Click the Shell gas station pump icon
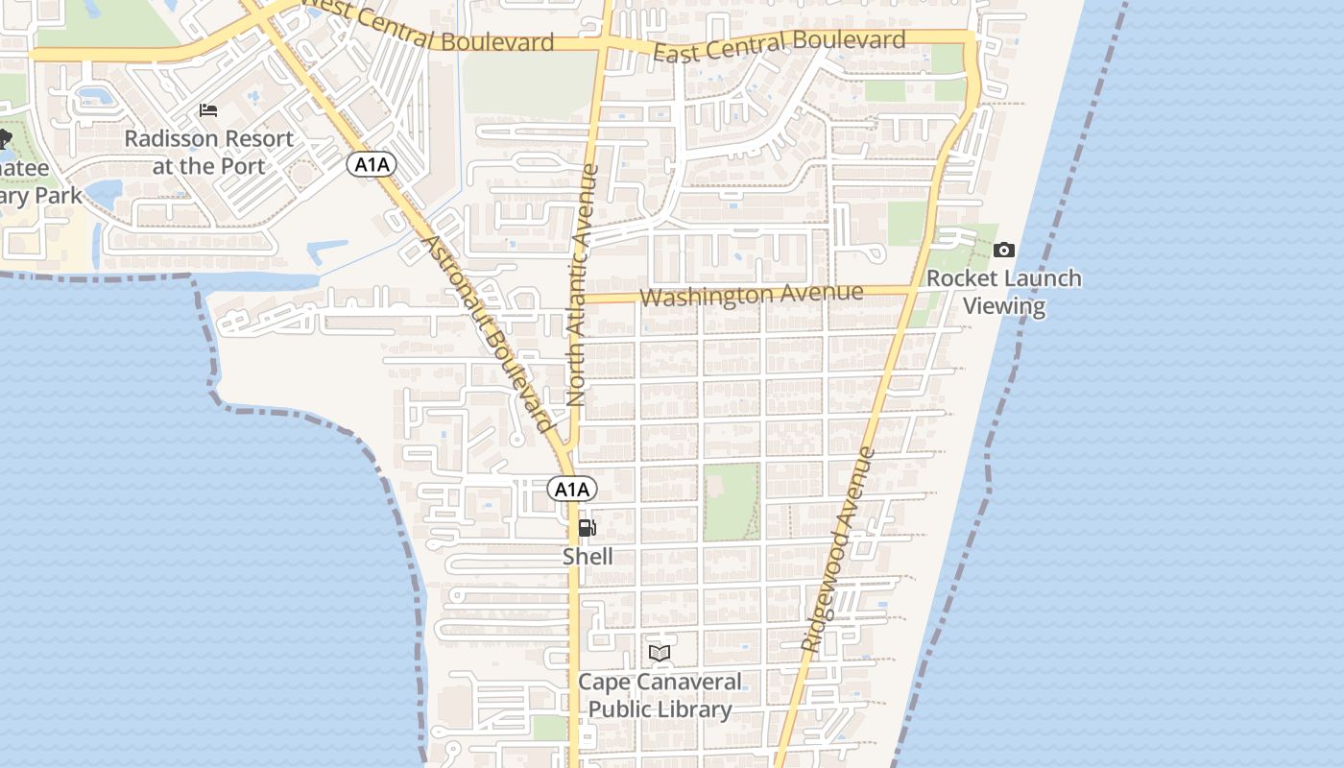click(587, 528)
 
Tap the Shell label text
click(588, 556)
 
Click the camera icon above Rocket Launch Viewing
click(1004, 251)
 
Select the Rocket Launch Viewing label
click(1004, 293)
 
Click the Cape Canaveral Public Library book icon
click(659, 654)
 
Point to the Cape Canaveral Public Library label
click(660, 696)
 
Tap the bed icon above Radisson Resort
click(208, 110)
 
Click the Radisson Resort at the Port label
click(208, 152)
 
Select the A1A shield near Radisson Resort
click(372, 165)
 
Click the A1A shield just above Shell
click(572, 490)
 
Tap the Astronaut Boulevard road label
click(487, 333)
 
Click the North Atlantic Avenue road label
click(583, 285)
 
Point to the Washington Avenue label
click(751, 294)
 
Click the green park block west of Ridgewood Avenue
click(732, 501)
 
